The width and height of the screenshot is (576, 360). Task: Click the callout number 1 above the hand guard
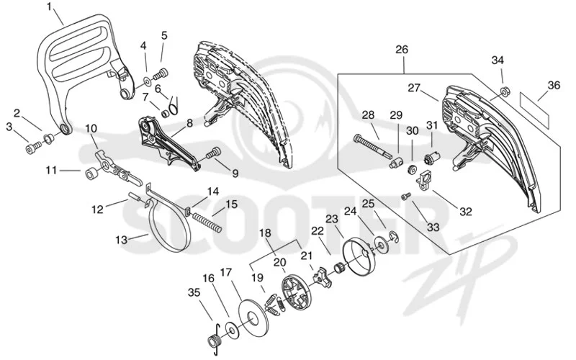[50, 6]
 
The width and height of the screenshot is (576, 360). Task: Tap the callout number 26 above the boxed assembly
[402, 50]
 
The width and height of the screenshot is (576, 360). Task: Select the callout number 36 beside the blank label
[554, 85]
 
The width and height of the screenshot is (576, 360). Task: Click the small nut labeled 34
[504, 89]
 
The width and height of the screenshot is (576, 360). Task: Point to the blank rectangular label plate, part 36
[534, 105]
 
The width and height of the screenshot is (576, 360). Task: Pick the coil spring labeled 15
[207, 222]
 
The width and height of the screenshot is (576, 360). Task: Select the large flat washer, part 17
[253, 317]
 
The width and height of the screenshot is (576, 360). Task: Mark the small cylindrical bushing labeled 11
[91, 174]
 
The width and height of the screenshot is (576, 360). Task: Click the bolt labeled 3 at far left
[33, 149]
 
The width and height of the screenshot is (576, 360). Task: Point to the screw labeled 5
[160, 74]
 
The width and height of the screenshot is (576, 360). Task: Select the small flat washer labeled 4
[146, 79]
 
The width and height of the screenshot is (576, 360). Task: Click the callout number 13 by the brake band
[121, 240]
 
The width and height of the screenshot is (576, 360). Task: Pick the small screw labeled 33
[405, 197]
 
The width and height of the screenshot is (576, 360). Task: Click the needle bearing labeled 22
[338, 268]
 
